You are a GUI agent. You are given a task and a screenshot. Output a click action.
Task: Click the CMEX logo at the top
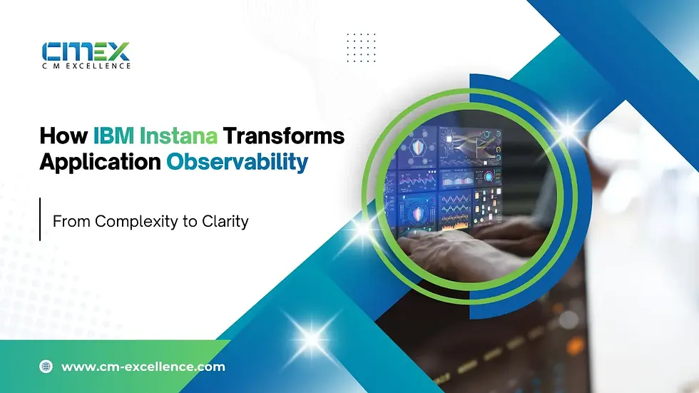(x=86, y=51)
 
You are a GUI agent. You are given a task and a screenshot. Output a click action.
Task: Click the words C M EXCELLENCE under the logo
(x=86, y=66)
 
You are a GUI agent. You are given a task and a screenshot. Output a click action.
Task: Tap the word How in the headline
(x=63, y=136)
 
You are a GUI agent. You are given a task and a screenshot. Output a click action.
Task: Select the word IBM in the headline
(x=113, y=136)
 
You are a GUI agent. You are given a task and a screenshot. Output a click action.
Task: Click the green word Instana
(x=178, y=136)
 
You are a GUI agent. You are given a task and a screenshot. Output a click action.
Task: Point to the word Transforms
(x=284, y=136)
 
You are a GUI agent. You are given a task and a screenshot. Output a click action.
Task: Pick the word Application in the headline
(x=101, y=163)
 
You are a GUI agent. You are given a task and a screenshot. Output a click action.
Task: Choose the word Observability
(x=237, y=162)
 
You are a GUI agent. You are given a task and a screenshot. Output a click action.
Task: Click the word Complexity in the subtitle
(x=136, y=222)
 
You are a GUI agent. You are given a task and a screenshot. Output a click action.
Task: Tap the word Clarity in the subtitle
(x=225, y=222)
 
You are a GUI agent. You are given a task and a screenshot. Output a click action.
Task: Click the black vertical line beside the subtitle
(x=40, y=219)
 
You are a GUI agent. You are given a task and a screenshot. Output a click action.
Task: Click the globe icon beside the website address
(x=46, y=367)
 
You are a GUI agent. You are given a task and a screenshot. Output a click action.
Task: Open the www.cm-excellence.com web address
(x=143, y=367)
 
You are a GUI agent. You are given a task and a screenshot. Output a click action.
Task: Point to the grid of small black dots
(x=361, y=48)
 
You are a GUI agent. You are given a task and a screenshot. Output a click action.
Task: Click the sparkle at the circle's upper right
(x=568, y=130)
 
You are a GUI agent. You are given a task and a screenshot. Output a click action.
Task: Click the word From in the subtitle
(x=71, y=221)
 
